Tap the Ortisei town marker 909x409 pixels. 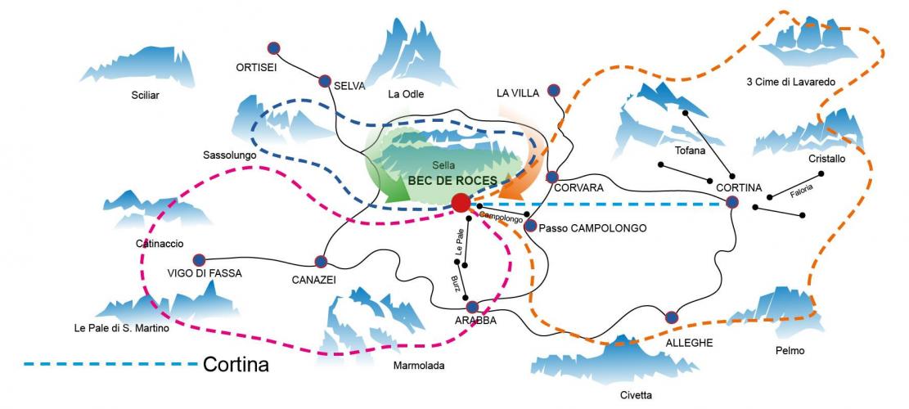[x=274, y=47]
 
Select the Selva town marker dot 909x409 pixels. [x=325, y=81]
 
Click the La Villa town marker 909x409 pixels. [x=554, y=90]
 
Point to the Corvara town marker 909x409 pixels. [x=552, y=177]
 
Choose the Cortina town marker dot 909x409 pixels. [x=732, y=201]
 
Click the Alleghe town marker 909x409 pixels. [x=672, y=317]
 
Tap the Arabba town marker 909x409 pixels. [x=472, y=307]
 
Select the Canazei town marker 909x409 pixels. [x=321, y=262]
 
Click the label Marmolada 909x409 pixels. [x=418, y=366]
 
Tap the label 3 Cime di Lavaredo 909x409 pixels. [x=790, y=82]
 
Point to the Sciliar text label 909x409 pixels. [x=145, y=95]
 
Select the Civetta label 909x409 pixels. [x=636, y=395]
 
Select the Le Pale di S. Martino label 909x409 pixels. [x=120, y=329]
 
